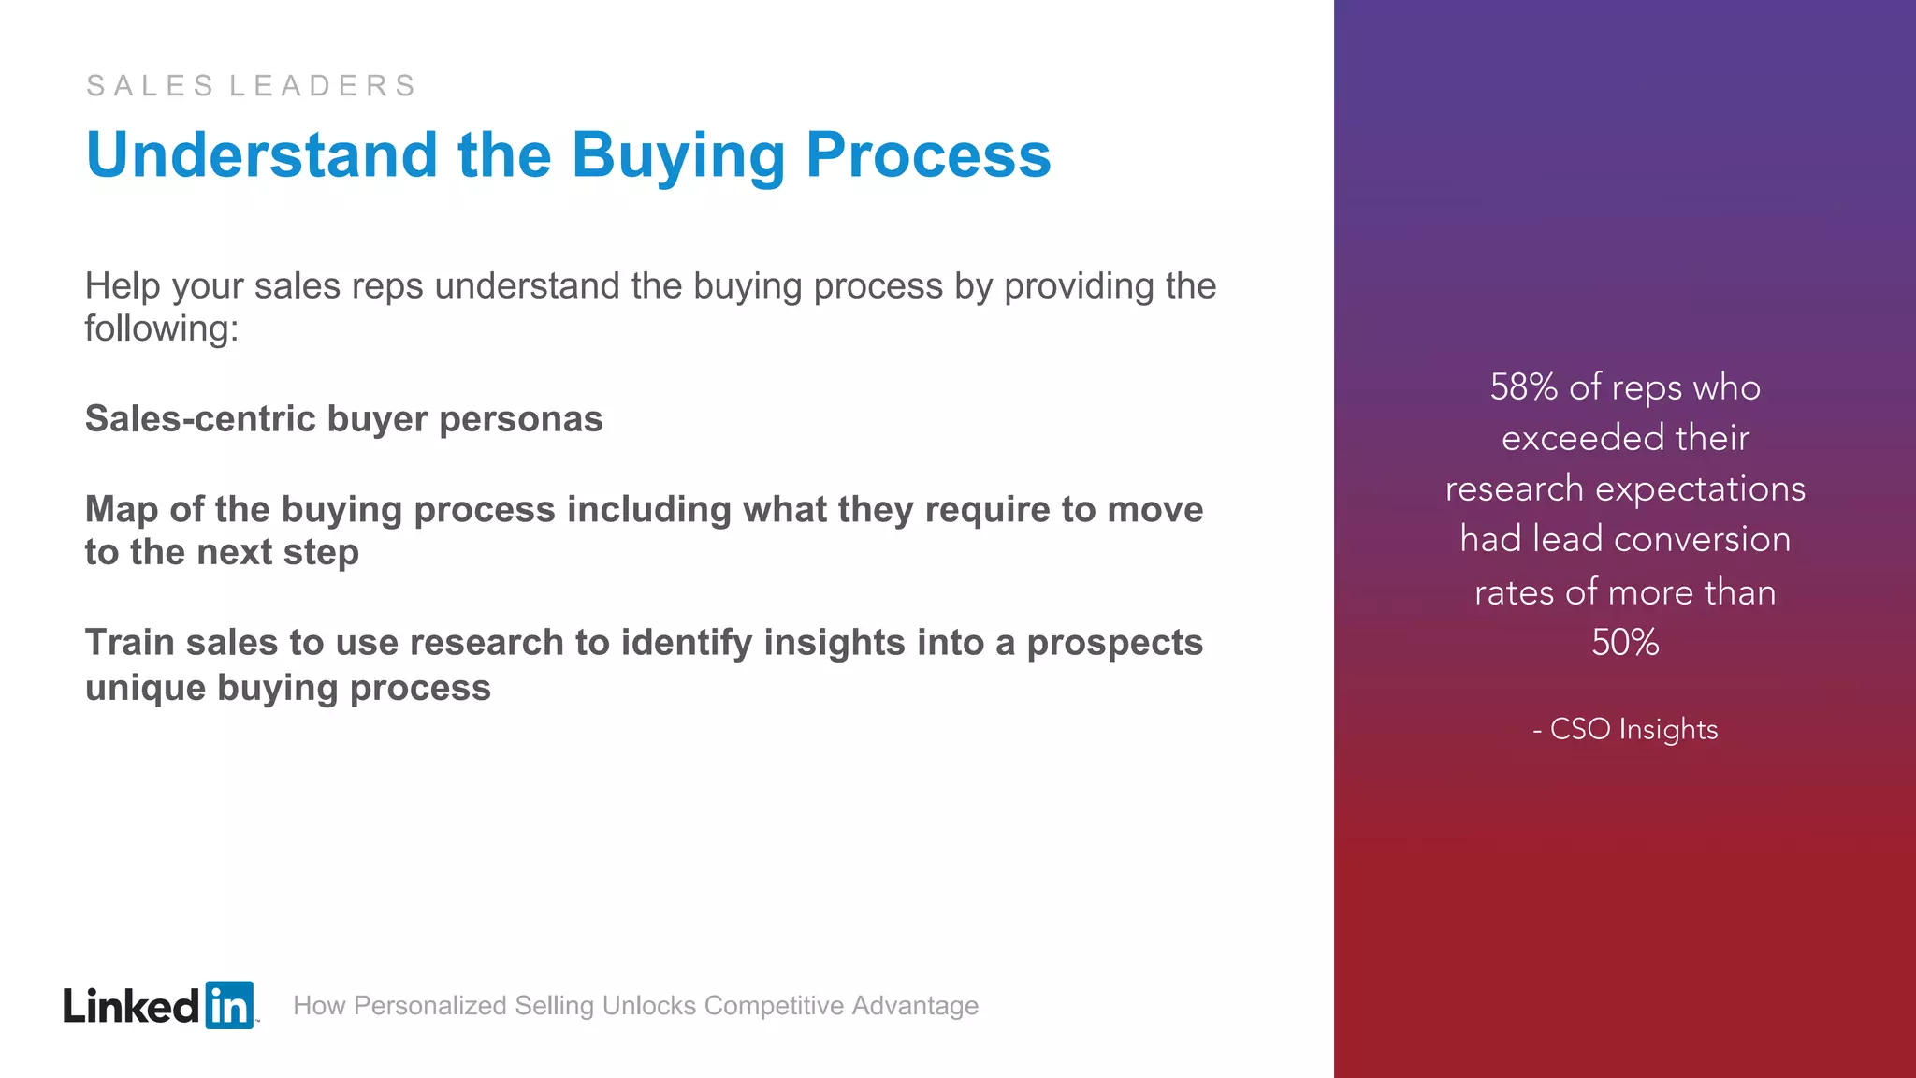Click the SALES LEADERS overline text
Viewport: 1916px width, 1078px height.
click(251, 85)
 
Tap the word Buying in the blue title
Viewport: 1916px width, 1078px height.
click(678, 155)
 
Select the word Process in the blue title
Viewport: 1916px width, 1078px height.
click(928, 155)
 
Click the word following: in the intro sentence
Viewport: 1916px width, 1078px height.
click(162, 329)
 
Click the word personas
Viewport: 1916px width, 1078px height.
click(520, 419)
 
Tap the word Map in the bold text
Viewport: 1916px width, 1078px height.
click(122, 510)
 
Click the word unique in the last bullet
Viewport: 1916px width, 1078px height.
click(145, 688)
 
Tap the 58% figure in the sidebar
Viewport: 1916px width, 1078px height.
click(1523, 387)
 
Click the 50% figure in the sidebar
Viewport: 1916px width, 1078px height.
click(1625, 643)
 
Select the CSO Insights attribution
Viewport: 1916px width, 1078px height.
click(1633, 729)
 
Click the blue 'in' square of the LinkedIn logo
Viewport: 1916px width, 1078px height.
click(229, 1006)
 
